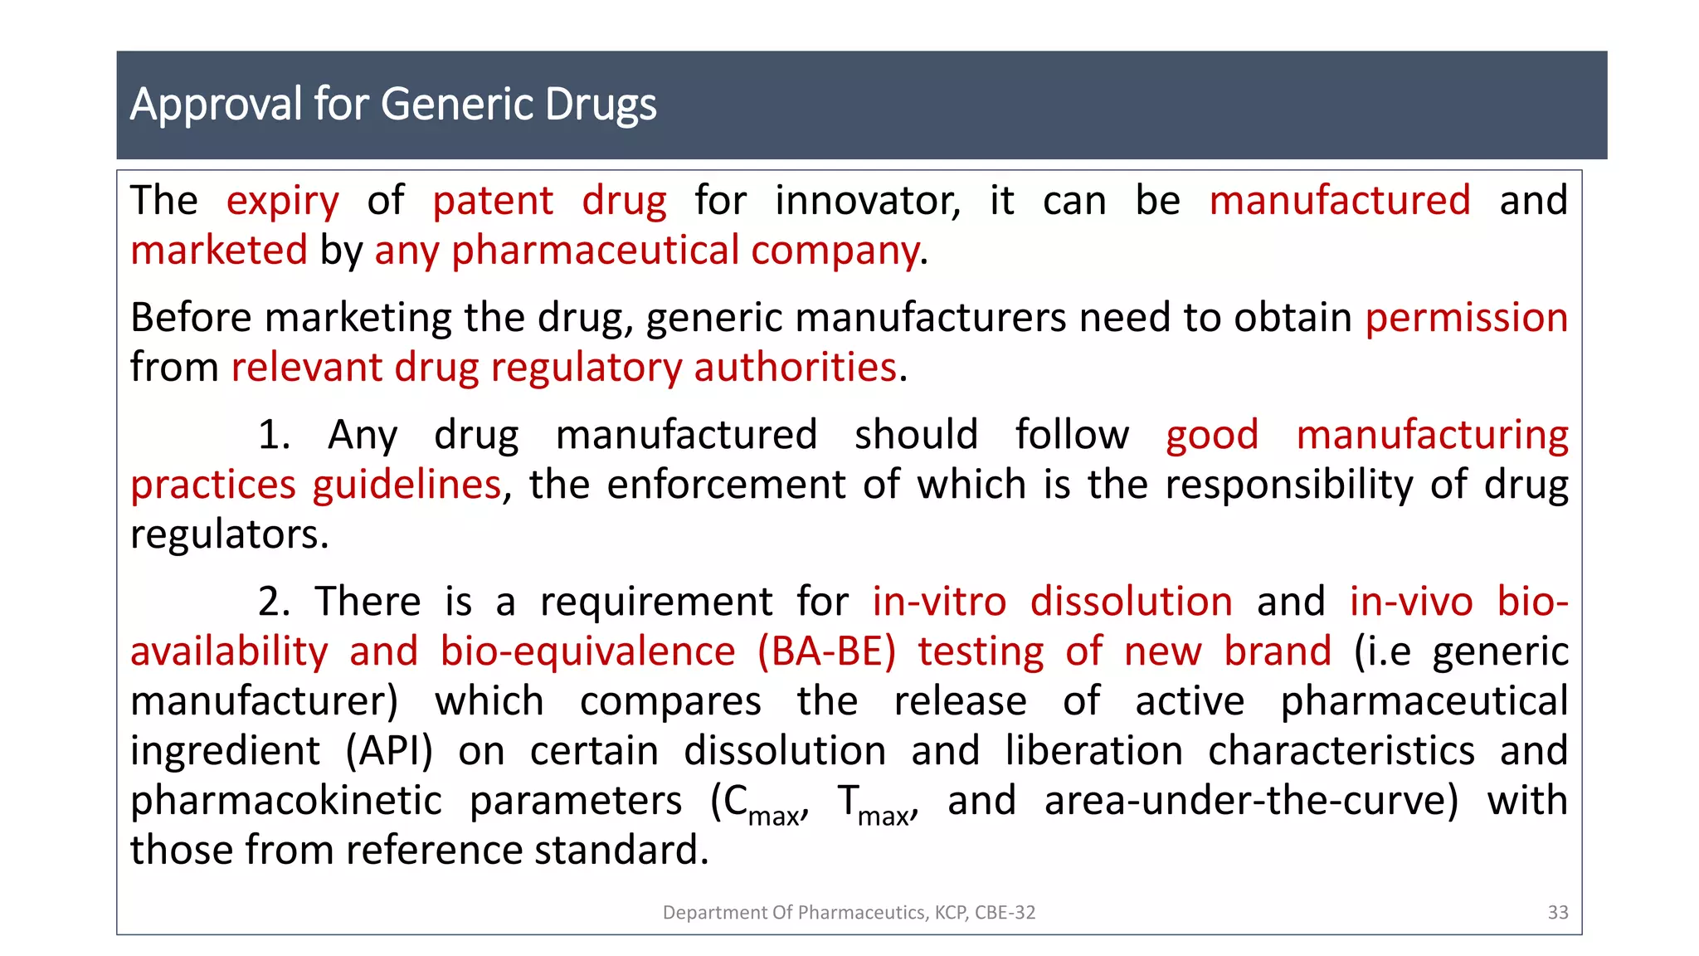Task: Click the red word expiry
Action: tap(282, 202)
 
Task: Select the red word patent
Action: tap(492, 202)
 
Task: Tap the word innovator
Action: tap(867, 202)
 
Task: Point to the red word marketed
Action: tap(219, 251)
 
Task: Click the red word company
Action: tap(835, 251)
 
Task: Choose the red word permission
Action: tap(1466, 318)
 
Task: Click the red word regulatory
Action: tap(586, 368)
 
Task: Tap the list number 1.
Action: tap(273, 435)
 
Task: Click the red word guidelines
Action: tap(406, 485)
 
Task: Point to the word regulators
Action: tap(229, 534)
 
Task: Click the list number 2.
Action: tap(273, 602)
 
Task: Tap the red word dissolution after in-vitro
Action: tap(1131, 602)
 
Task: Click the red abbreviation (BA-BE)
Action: tap(826, 651)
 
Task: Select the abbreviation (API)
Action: tap(389, 751)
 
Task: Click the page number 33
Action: tap(1557, 913)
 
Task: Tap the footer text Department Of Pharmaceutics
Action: tap(795, 913)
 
